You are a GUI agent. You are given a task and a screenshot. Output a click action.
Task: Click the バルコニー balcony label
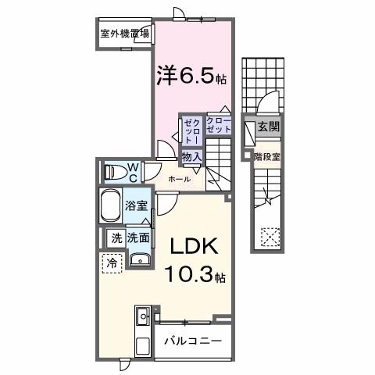coord(192,342)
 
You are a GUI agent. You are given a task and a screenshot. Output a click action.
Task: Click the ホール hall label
coord(180,179)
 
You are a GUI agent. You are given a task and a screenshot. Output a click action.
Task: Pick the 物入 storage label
coord(192,157)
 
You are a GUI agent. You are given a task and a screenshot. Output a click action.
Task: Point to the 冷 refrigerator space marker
coord(112,263)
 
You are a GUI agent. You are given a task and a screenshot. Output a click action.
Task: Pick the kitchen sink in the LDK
coord(143,316)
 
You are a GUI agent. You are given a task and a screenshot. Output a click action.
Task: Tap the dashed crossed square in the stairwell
coord(270,234)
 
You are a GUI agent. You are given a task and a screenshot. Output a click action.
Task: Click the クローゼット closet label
coord(218,124)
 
